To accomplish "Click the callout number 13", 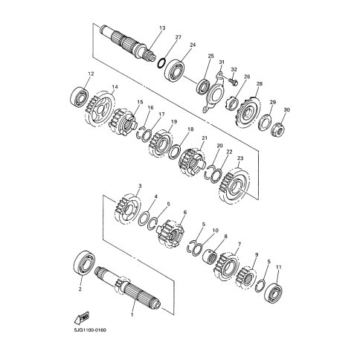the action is (162, 28).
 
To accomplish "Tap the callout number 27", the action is (179, 37).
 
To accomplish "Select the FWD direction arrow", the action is (82, 318).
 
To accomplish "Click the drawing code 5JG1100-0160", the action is (90, 330).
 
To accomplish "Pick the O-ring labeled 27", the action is (161, 63).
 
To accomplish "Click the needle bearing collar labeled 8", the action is (209, 256).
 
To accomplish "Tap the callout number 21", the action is (205, 138).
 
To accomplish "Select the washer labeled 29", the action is (265, 123).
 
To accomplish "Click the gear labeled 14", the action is (100, 110).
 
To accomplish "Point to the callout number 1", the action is (132, 315).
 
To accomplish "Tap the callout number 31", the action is (221, 62).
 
